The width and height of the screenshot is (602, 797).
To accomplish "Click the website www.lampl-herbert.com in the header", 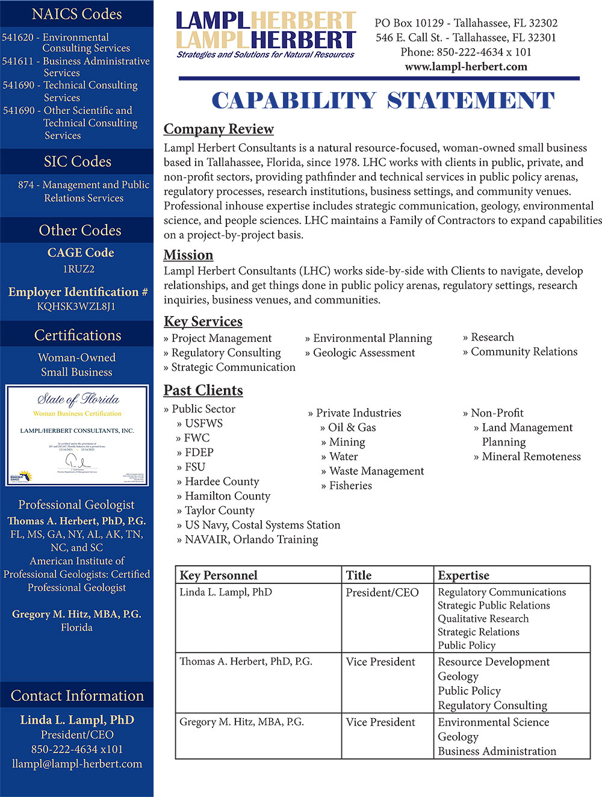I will coord(466,67).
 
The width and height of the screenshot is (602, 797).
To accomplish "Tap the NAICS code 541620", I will coord(18,37).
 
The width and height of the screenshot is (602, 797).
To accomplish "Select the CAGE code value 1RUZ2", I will coord(79,269).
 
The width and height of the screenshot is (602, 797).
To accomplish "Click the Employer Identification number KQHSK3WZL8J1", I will coord(76,306).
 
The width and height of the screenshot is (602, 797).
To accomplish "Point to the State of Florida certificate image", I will coord(77,435).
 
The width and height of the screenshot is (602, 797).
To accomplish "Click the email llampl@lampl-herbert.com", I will coord(77,764).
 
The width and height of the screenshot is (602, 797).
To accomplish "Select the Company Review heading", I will coord(219,129).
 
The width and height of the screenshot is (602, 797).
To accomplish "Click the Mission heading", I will coord(188,255).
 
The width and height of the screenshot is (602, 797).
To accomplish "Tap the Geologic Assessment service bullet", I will coord(364,353).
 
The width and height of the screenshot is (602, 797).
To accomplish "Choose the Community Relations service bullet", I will coord(524,352).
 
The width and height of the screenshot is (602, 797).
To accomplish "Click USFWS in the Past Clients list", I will coord(203,423).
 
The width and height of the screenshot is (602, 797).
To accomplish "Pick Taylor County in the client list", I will coord(219,510).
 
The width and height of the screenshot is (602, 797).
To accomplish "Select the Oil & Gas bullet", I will coord(352,427).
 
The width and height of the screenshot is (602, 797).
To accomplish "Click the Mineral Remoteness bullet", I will coord(531,456).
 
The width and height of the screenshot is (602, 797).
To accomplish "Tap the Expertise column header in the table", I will coord(464,575).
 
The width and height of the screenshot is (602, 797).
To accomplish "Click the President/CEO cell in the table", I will coord(382,593).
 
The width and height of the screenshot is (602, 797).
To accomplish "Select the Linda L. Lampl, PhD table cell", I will coord(226,592).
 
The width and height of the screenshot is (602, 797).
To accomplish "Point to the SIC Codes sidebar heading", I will coord(77,162).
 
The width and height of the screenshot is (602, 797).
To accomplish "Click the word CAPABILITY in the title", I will coord(294,101).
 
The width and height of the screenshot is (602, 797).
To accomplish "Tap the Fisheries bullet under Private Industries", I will coord(350,485).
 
